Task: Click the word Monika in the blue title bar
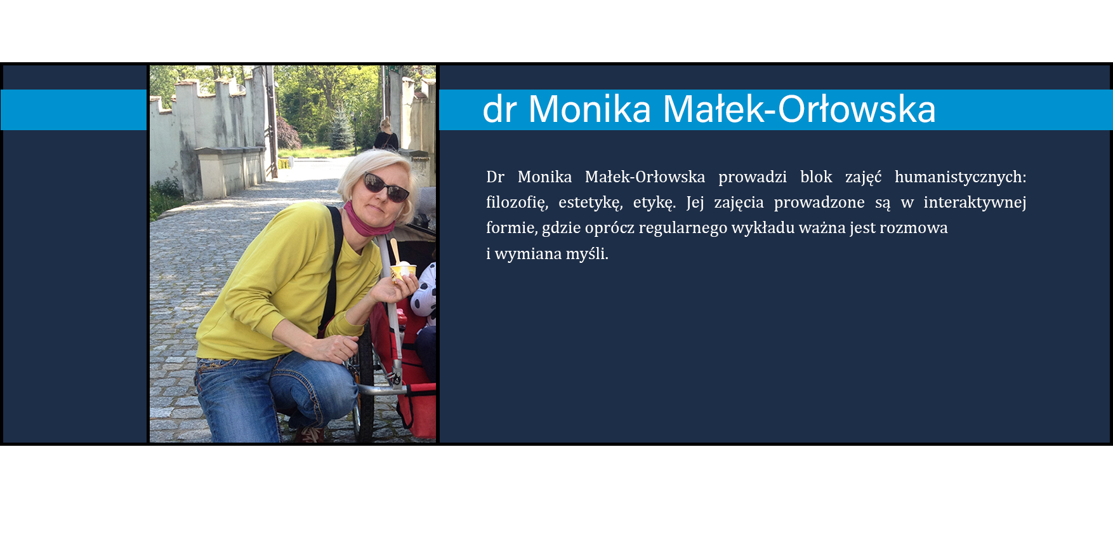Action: pyautogui.click(x=589, y=109)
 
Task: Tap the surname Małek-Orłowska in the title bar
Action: pyautogui.click(x=800, y=109)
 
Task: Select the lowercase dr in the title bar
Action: pyautogui.click(x=499, y=109)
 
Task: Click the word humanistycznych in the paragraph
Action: pyautogui.click(x=960, y=177)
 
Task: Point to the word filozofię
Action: pyautogui.click(x=517, y=203)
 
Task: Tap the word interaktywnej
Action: pyautogui.click(x=975, y=203)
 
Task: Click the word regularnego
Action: pyautogui.click(x=683, y=229)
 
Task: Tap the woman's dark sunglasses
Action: pyautogui.click(x=385, y=187)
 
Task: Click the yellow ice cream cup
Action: pyautogui.click(x=403, y=273)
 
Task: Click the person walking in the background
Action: pyautogui.click(x=386, y=135)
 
